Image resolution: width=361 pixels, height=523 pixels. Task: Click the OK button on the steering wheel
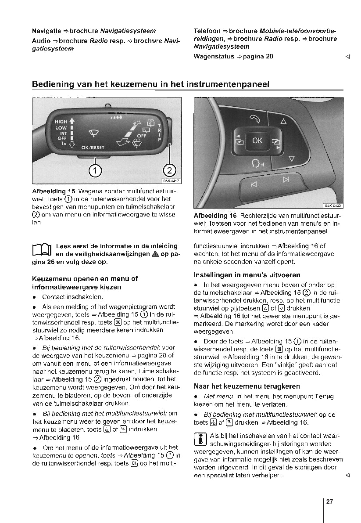click(257, 141)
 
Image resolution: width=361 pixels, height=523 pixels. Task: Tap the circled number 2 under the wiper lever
click(169, 170)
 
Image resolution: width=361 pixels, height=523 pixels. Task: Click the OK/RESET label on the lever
click(93, 148)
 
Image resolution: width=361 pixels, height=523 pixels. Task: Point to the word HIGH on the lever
click(61, 121)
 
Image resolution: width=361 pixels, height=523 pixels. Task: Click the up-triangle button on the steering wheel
click(283, 121)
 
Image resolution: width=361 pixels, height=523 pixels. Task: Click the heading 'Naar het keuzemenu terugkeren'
click(247, 386)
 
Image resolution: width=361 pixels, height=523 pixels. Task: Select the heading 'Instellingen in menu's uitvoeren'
click(247, 275)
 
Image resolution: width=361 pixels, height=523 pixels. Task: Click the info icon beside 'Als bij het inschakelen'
click(200, 440)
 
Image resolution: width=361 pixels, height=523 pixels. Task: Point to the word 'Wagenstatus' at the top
click(214, 56)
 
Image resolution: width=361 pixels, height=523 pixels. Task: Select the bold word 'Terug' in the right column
click(324, 397)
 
